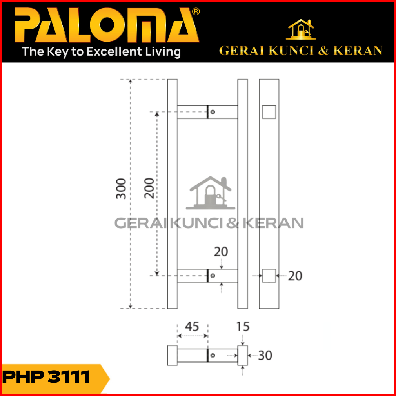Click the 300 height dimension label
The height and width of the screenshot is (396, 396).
click(x=121, y=189)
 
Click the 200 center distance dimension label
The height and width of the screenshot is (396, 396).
click(x=149, y=188)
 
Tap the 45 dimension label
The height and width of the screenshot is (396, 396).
click(x=192, y=327)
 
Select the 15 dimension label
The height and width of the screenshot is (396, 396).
click(x=243, y=327)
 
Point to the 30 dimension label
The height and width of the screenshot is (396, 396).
click(x=265, y=356)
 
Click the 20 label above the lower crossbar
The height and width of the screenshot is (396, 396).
click(x=221, y=252)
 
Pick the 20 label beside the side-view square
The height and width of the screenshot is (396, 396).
click(x=295, y=276)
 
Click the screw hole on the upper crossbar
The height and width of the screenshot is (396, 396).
click(x=213, y=112)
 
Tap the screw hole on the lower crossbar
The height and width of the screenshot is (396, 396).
click(x=213, y=276)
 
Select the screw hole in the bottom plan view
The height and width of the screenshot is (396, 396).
click(x=213, y=356)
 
